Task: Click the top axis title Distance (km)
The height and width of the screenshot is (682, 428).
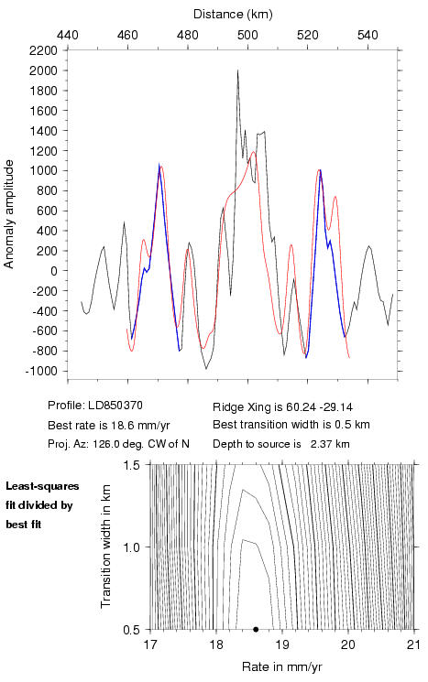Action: click(x=233, y=14)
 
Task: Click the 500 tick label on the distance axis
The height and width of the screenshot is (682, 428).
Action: click(x=247, y=35)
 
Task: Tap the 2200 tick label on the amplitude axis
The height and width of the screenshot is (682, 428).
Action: click(x=43, y=50)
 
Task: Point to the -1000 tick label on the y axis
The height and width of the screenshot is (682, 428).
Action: click(x=41, y=371)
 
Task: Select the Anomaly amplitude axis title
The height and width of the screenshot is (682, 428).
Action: click(x=9, y=214)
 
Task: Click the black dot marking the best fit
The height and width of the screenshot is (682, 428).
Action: click(x=256, y=629)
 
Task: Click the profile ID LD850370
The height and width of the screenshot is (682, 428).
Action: click(x=115, y=406)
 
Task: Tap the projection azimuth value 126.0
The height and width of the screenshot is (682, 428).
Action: click(x=104, y=444)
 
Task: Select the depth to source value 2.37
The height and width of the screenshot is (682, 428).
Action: click(x=320, y=444)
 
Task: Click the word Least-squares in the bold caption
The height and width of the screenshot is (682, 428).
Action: click(x=42, y=486)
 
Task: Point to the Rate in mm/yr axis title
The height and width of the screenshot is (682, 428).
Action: click(x=281, y=666)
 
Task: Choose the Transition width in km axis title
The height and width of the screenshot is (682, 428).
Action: click(x=105, y=547)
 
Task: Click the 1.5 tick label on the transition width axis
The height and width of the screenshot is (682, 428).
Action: click(x=131, y=465)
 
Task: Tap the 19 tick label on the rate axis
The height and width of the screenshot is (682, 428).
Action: click(x=282, y=644)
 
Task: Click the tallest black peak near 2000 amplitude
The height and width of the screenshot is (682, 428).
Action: click(x=237, y=70)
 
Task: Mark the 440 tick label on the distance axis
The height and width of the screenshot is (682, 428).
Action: click(x=68, y=35)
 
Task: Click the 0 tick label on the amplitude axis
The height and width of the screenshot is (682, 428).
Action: click(x=54, y=271)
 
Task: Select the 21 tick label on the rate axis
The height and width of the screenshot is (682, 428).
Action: click(x=414, y=644)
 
